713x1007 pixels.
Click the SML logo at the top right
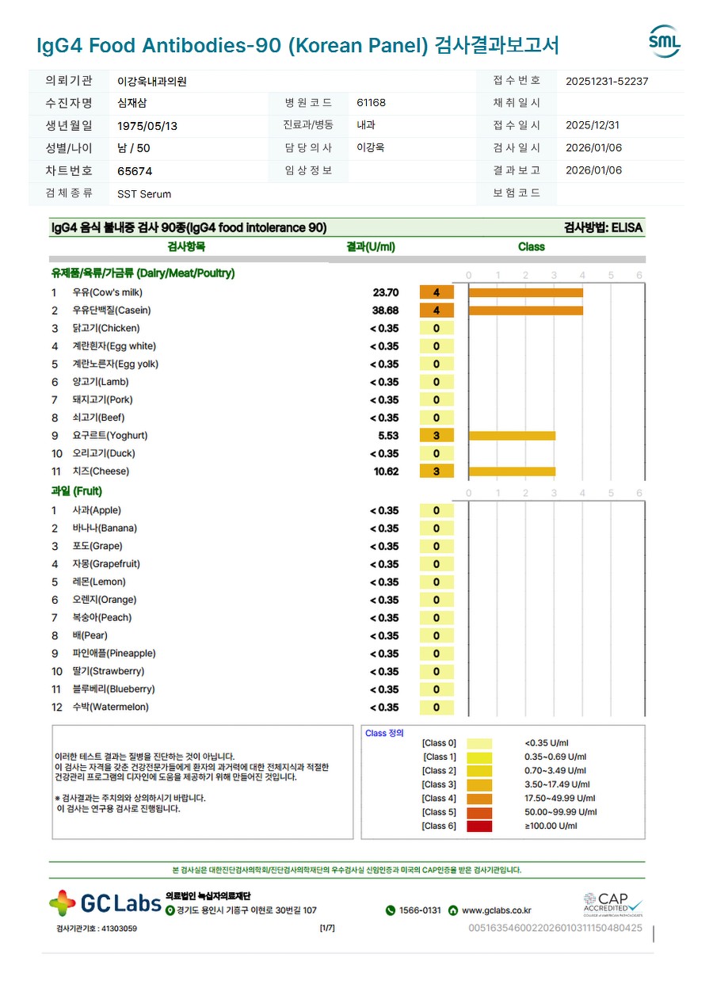(664, 41)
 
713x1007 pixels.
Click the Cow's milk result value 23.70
(386, 292)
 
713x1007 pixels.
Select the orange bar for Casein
(525, 311)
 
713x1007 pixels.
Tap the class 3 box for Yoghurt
(437, 436)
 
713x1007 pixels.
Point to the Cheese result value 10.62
(386, 471)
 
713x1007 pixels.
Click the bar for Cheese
(512, 471)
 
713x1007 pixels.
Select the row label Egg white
(114, 346)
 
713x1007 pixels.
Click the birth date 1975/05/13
(147, 126)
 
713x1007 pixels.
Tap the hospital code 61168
(372, 103)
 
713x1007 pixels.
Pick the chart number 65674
(135, 171)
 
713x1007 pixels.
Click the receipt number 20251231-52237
(607, 81)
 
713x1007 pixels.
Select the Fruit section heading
(77, 491)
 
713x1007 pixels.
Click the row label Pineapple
(114, 654)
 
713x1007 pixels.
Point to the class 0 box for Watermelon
(437, 708)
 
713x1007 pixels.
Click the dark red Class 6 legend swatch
(479, 826)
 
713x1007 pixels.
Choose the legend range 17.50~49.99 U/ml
(559, 799)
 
